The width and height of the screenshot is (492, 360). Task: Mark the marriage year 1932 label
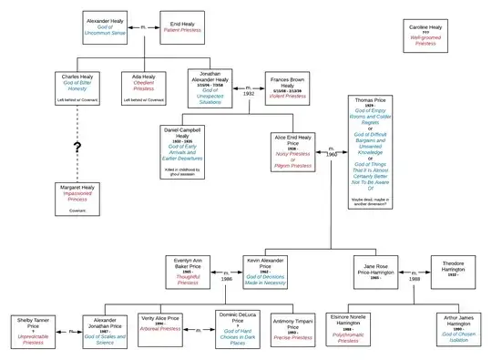point(249,92)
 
